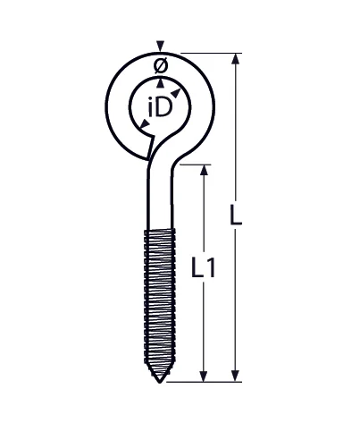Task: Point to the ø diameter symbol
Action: [159, 64]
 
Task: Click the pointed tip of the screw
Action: [158, 378]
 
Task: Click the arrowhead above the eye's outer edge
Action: [159, 46]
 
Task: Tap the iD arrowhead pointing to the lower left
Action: [144, 131]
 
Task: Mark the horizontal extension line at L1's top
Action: [192, 165]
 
